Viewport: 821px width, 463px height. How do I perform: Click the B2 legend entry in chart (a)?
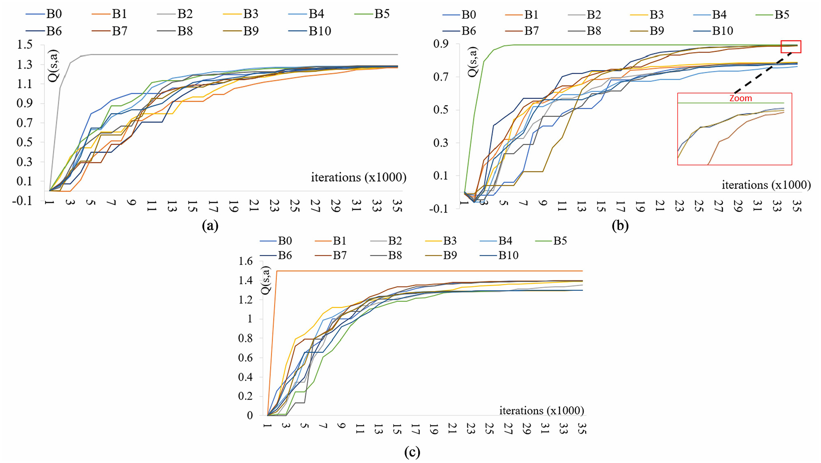(x=175, y=14)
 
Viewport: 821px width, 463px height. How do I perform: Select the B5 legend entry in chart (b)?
(x=772, y=15)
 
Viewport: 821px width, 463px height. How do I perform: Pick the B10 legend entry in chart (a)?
(x=310, y=31)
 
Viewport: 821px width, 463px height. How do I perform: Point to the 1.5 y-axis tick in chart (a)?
(x=25, y=44)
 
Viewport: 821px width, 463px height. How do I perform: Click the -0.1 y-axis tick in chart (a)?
(x=22, y=200)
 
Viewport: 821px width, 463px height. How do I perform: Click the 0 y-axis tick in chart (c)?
(x=250, y=415)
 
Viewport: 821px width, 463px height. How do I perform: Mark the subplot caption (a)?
(x=210, y=225)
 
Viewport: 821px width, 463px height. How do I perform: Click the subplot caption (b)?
(x=620, y=225)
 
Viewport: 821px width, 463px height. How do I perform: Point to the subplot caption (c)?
(x=412, y=452)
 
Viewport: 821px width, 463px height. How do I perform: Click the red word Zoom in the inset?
(x=740, y=98)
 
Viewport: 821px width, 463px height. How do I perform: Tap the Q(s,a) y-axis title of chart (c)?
(x=266, y=280)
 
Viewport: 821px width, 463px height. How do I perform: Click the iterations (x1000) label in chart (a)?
(x=359, y=178)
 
